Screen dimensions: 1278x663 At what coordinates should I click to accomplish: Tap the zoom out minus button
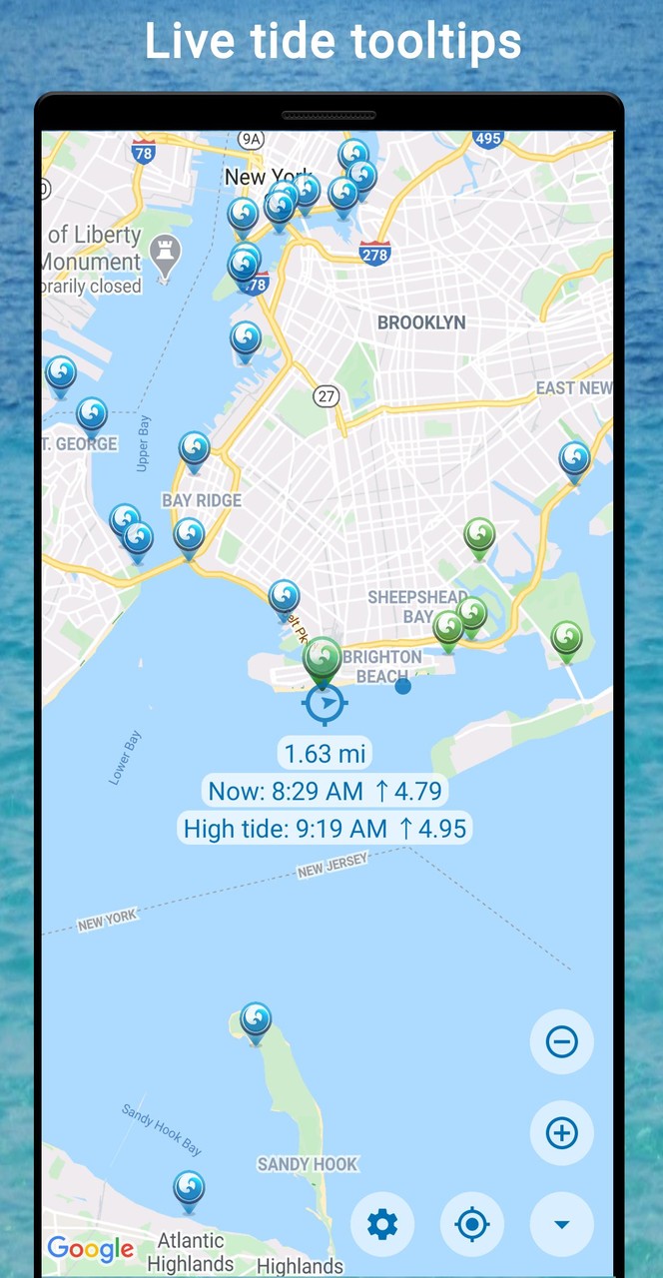click(x=561, y=1042)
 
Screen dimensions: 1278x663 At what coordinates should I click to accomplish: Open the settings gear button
click(x=382, y=1224)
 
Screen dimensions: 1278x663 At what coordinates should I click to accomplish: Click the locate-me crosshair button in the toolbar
click(x=472, y=1224)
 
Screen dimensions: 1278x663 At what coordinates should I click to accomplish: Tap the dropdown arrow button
click(x=561, y=1224)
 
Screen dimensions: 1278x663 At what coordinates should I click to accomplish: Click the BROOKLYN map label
click(x=421, y=322)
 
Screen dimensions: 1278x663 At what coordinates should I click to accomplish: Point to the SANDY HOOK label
click(x=308, y=1164)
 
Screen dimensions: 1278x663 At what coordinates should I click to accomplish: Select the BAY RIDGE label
click(x=202, y=500)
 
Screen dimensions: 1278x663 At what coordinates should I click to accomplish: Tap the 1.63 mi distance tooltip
click(x=323, y=753)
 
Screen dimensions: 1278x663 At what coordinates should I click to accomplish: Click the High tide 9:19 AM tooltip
click(x=325, y=828)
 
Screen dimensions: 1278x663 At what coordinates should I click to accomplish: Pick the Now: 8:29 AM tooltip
click(x=325, y=792)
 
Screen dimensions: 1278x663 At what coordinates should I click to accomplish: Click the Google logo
click(x=90, y=1248)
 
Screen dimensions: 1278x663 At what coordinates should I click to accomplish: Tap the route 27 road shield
click(x=327, y=395)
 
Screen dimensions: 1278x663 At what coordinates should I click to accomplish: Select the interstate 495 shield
click(x=488, y=138)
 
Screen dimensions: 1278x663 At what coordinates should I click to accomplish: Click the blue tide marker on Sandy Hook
click(x=256, y=1020)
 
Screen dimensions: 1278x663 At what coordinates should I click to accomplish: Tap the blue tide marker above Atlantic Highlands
click(x=189, y=1189)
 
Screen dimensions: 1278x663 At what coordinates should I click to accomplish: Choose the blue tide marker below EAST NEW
click(x=574, y=460)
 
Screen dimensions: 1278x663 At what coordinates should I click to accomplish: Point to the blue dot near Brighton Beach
click(x=402, y=686)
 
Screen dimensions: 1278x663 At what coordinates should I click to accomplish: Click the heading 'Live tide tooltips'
click(x=331, y=42)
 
